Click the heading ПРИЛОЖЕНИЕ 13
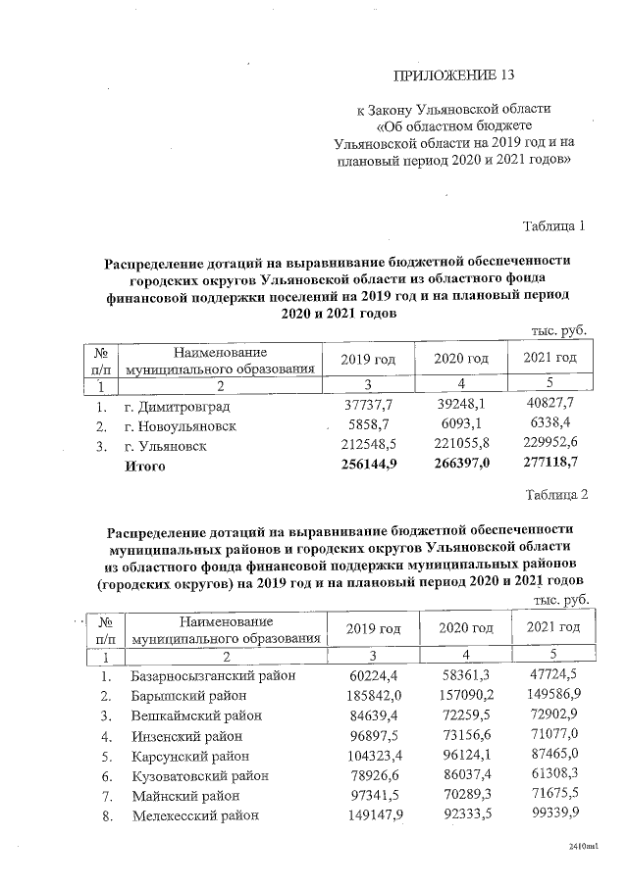[x=452, y=74]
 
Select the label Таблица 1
[x=553, y=226]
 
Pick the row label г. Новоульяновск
[x=180, y=426]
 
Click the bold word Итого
[x=145, y=467]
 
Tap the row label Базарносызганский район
[x=213, y=676]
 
